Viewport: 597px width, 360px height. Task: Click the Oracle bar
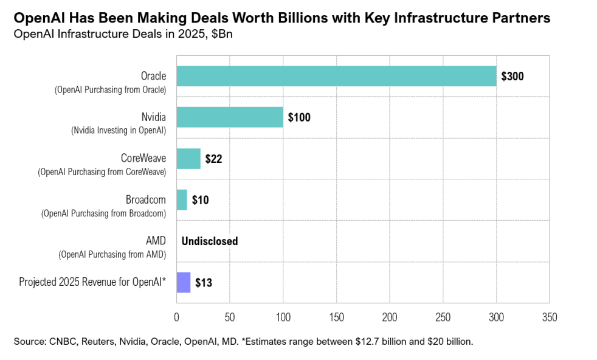pyautogui.click(x=336, y=76)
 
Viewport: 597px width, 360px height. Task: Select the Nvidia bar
pyautogui.click(x=230, y=117)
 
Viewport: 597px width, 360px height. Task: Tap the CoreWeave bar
pyautogui.click(x=188, y=159)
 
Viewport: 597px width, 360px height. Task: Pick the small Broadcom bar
pyautogui.click(x=182, y=200)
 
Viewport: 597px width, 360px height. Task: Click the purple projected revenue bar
pyautogui.click(x=184, y=283)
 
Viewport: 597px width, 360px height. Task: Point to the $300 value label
pyautogui.click(x=512, y=77)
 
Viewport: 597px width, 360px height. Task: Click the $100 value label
pyautogui.click(x=299, y=118)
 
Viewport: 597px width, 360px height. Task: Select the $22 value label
pyautogui.click(x=214, y=159)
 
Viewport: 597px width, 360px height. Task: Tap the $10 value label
pyautogui.click(x=201, y=200)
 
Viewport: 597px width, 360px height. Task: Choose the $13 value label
pyautogui.click(x=204, y=283)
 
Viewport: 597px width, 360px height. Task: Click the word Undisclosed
pyautogui.click(x=210, y=241)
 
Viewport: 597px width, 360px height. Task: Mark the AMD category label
pyautogui.click(x=156, y=241)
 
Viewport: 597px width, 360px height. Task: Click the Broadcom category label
pyautogui.click(x=146, y=199)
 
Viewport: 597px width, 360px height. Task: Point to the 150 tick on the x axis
pyautogui.click(x=336, y=317)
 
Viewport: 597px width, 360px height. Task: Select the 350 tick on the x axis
pyautogui.click(x=550, y=317)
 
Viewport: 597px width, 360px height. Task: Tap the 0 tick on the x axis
pyautogui.click(x=177, y=317)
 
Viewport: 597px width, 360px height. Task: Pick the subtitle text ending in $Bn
pyautogui.click(x=123, y=33)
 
